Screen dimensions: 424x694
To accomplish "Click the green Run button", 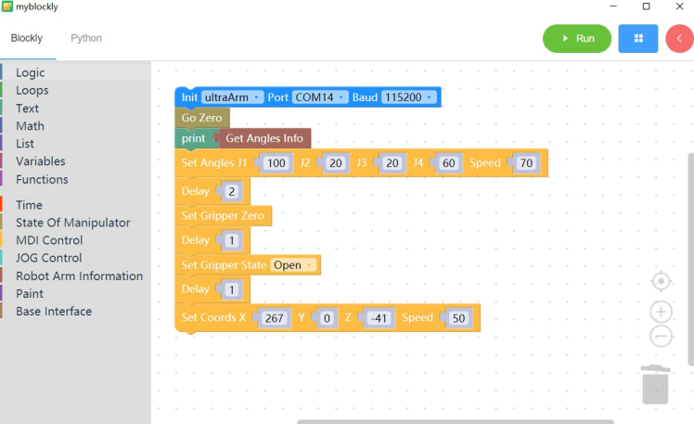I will pos(576,39).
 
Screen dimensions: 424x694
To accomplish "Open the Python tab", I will pos(86,38).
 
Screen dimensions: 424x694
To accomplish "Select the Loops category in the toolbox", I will pos(32,90).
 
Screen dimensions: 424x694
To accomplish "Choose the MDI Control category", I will pos(49,240).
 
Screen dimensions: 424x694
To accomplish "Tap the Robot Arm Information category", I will pos(79,276).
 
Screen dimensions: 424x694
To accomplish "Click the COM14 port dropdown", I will pos(320,97).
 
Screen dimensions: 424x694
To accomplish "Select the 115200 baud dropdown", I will pos(408,97).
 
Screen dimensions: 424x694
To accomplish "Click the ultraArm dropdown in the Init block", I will pos(233,97).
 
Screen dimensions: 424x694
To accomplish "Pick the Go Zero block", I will pos(201,119).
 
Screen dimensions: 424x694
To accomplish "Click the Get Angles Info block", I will pos(264,139).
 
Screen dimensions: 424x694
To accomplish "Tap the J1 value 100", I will pos(276,163).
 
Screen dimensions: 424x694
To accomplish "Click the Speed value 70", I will pos(526,163).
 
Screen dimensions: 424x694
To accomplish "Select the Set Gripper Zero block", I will pos(223,215).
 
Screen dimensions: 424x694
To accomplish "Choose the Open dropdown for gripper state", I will pos(294,265).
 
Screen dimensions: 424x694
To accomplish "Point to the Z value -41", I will pos(377,318).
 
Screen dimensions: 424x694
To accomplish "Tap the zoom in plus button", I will pos(661,312).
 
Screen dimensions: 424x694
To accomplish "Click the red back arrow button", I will pos(679,39).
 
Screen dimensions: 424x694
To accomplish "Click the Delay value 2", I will pos(232,191).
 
